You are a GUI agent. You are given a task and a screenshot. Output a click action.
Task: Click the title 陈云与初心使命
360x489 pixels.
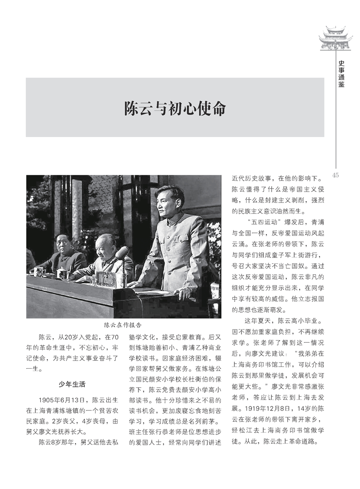(x=175, y=109)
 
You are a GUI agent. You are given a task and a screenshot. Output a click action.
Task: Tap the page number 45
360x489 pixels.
(x=336, y=176)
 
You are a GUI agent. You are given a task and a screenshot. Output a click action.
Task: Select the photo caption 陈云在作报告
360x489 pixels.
(x=123, y=325)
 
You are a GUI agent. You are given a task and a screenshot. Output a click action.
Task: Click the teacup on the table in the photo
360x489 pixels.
(x=60, y=273)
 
